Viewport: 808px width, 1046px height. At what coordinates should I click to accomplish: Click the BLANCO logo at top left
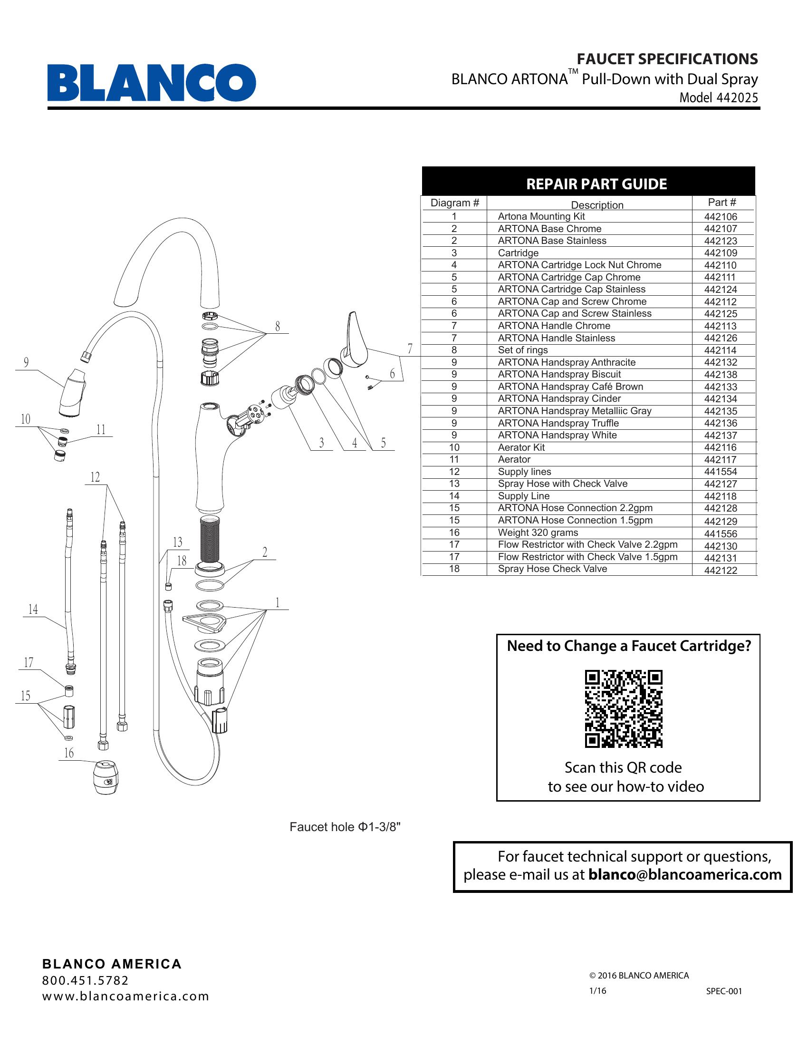[151, 82]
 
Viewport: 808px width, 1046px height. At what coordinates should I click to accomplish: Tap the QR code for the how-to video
[623, 709]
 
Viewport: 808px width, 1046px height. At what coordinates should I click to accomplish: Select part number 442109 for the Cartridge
[720, 253]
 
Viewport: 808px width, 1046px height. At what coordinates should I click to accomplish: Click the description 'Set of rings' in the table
[523, 350]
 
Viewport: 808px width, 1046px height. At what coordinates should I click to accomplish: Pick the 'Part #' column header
[722, 203]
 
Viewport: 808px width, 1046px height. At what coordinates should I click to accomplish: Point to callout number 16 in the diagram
[69, 754]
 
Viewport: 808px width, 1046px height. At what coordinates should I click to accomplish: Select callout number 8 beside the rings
[278, 327]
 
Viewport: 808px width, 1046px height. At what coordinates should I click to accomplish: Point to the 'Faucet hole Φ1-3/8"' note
[345, 827]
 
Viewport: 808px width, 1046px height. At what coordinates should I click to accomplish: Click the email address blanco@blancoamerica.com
[684, 874]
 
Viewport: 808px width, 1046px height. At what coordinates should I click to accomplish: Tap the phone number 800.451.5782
[85, 980]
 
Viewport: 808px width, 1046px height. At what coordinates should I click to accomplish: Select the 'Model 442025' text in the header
[719, 97]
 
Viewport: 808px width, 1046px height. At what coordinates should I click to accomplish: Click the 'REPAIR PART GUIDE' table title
[596, 184]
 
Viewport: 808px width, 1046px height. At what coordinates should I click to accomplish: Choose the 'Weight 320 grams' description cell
[538, 533]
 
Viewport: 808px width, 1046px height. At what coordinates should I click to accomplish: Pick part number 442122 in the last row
[720, 570]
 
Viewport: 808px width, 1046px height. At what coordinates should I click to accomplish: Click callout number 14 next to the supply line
[33, 609]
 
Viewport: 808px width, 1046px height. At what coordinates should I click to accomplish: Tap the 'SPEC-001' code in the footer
[724, 991]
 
